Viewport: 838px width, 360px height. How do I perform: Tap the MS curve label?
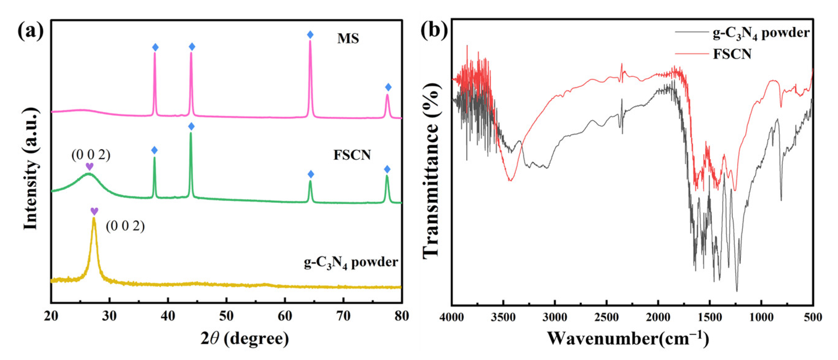point(348,39)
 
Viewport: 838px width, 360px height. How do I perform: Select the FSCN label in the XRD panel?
point(352,155)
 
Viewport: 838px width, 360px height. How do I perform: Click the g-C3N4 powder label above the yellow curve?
point(351,262)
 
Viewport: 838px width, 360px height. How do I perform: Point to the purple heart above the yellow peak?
point(94,211)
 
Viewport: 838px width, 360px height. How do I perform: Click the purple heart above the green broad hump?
point(89,166)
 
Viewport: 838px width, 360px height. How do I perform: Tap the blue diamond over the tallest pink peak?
point(310,35)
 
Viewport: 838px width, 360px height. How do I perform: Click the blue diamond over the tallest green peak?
point(191,126)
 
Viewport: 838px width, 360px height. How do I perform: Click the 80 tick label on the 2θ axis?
point(401,316)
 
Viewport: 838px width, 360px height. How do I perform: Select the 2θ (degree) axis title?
point(244,339)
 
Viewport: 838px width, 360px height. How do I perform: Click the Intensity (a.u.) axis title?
point(31,169)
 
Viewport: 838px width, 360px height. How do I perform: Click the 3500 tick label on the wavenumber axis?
point(503,317)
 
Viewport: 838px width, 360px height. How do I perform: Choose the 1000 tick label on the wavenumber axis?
point(761,317)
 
